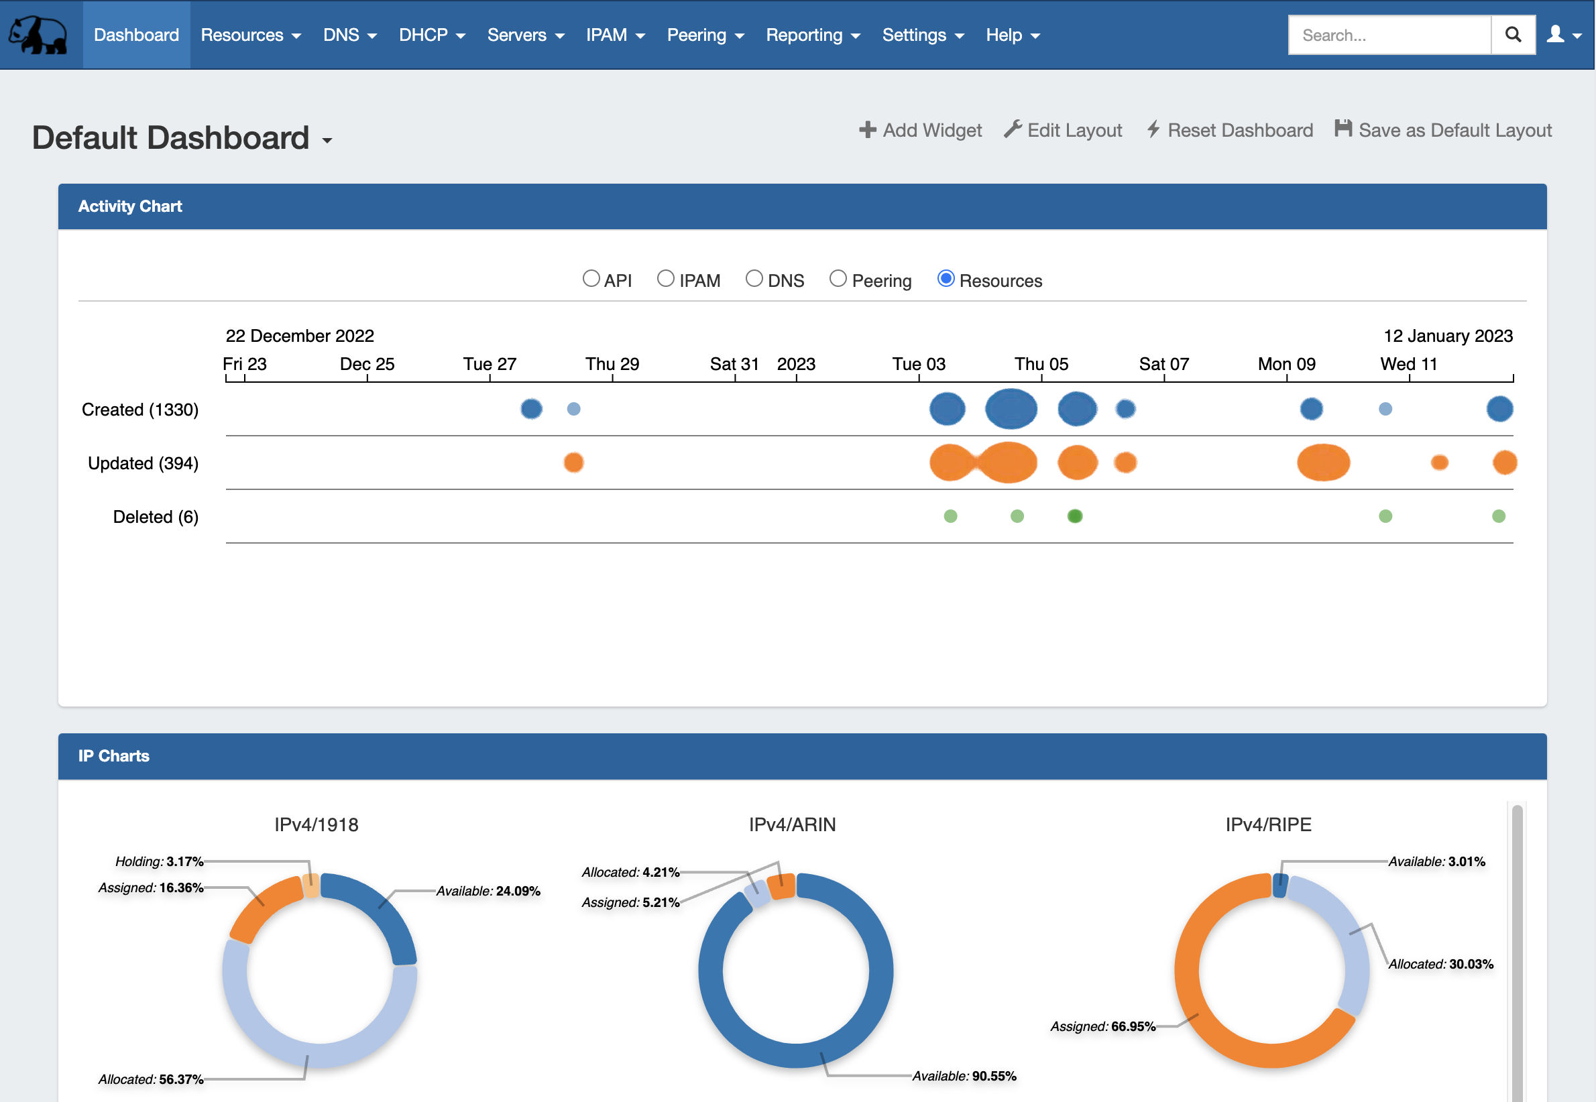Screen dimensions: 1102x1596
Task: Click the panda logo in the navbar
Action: click(38, 35)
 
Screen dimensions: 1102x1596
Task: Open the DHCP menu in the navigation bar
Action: click(432, 36)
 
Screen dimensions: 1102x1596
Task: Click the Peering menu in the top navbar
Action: click(704, 36)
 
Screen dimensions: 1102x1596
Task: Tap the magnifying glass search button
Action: click(1512, 35)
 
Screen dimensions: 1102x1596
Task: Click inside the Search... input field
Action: click(1388, 36)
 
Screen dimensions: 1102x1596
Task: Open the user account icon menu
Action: click(1564, 35)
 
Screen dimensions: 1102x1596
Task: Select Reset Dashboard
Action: click(1230, 131)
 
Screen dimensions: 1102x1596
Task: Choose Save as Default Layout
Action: click(1443, 131)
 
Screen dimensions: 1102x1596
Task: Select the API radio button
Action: click(591, 278)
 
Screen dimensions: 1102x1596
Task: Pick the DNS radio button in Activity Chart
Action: click(754, 278)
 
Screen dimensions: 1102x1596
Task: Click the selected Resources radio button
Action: click(946, 278)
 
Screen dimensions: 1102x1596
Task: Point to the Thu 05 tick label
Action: click(1041, 364)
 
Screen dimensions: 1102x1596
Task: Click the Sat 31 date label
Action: click(734, 364)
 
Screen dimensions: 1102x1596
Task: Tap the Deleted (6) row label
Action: click(156, 517)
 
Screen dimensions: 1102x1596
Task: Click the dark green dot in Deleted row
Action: click(1074, 516)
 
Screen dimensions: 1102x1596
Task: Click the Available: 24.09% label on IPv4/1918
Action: click(488, 892)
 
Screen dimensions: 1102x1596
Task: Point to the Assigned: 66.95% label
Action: click(1102, 1027)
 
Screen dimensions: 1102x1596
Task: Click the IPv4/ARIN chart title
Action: click(792, 824)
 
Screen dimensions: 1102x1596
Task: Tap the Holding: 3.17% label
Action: click(159, 862)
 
